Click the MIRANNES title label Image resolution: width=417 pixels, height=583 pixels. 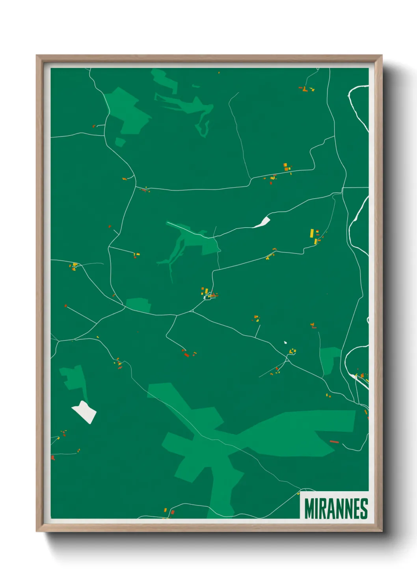[x=336, y=509]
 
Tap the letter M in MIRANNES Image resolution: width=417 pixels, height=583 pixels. [x=309, y=509]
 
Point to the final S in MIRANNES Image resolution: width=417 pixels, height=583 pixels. [x=364, y=509]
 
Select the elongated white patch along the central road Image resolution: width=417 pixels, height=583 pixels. [x=262, y=223]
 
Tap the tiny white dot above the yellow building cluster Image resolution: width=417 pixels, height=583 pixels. [x=285, y=342]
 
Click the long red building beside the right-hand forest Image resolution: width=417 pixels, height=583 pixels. [x=334, y=442]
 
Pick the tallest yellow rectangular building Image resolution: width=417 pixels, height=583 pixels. [x=312, y=233]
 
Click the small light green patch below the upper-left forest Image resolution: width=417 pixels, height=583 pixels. [x=120, y=142]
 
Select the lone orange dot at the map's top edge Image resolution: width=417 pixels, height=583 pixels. [x=219, y=72]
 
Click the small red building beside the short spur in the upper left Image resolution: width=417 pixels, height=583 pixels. [x=94, y=126]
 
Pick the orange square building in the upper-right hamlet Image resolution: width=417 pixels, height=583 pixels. [x=287, y=169]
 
